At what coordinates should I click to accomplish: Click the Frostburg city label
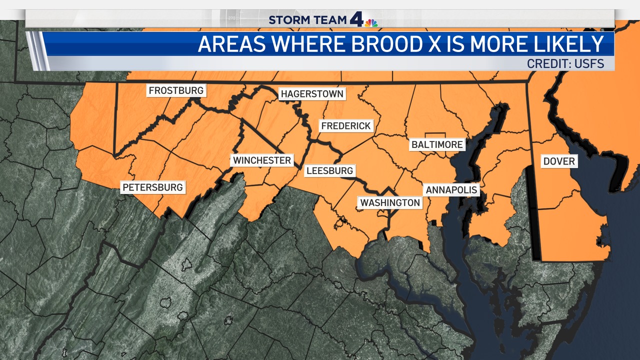(176, 90)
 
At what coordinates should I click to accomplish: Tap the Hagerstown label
(312, 94)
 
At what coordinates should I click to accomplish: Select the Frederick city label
(346, 126)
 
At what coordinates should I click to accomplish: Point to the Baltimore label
(437, 144)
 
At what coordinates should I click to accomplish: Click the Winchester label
(262, 160)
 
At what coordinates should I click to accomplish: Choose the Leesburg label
(329, 170)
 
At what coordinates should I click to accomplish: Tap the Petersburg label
(153, 187)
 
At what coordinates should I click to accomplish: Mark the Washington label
(390, 202)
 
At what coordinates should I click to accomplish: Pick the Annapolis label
(451, 190)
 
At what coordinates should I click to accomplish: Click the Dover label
(559, 161)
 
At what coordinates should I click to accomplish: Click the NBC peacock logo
(371, 22)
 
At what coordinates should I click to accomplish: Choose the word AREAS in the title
(231, 44)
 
